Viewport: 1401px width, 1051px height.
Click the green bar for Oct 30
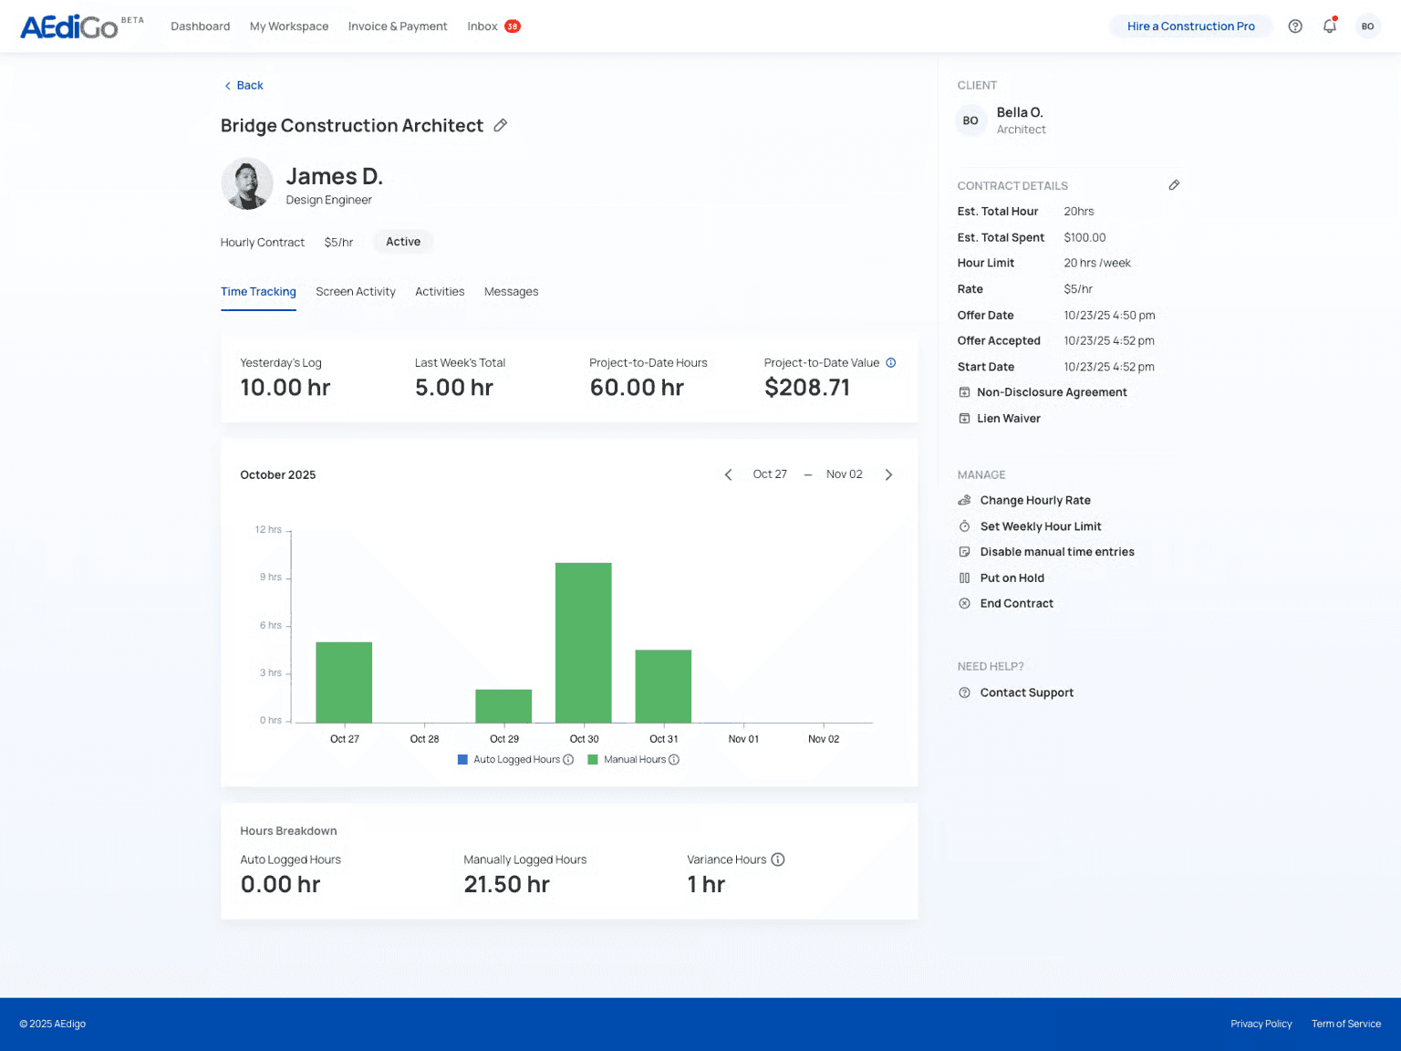[584, 642]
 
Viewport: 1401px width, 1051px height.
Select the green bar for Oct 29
[503, 706]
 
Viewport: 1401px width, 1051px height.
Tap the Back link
[244, 86]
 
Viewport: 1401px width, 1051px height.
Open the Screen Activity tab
[356, 292]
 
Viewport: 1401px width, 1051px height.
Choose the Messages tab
[511, 292]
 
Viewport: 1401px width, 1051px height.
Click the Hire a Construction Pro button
[1190, 26]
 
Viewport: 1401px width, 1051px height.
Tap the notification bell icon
[1330, 26]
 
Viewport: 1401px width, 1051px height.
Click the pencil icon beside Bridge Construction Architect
[501, 126]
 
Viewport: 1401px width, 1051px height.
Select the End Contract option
[1016, 604]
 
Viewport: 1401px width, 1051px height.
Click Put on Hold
[1012, 578]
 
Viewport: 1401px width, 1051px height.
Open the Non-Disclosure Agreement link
[1051, 392]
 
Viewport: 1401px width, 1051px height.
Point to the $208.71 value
[807, 388]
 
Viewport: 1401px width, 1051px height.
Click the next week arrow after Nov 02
[888, 474]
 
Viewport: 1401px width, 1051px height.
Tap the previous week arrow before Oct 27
[728, 474]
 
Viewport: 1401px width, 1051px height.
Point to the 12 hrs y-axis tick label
[268, 530]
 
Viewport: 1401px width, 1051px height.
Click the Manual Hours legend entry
[634, 760]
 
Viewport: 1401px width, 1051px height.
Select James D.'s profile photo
[247, 184]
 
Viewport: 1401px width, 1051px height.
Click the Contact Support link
[1026, 693]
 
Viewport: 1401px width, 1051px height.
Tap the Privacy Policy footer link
[1261, 1024]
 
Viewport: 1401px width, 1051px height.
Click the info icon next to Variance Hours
[778, 859]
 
